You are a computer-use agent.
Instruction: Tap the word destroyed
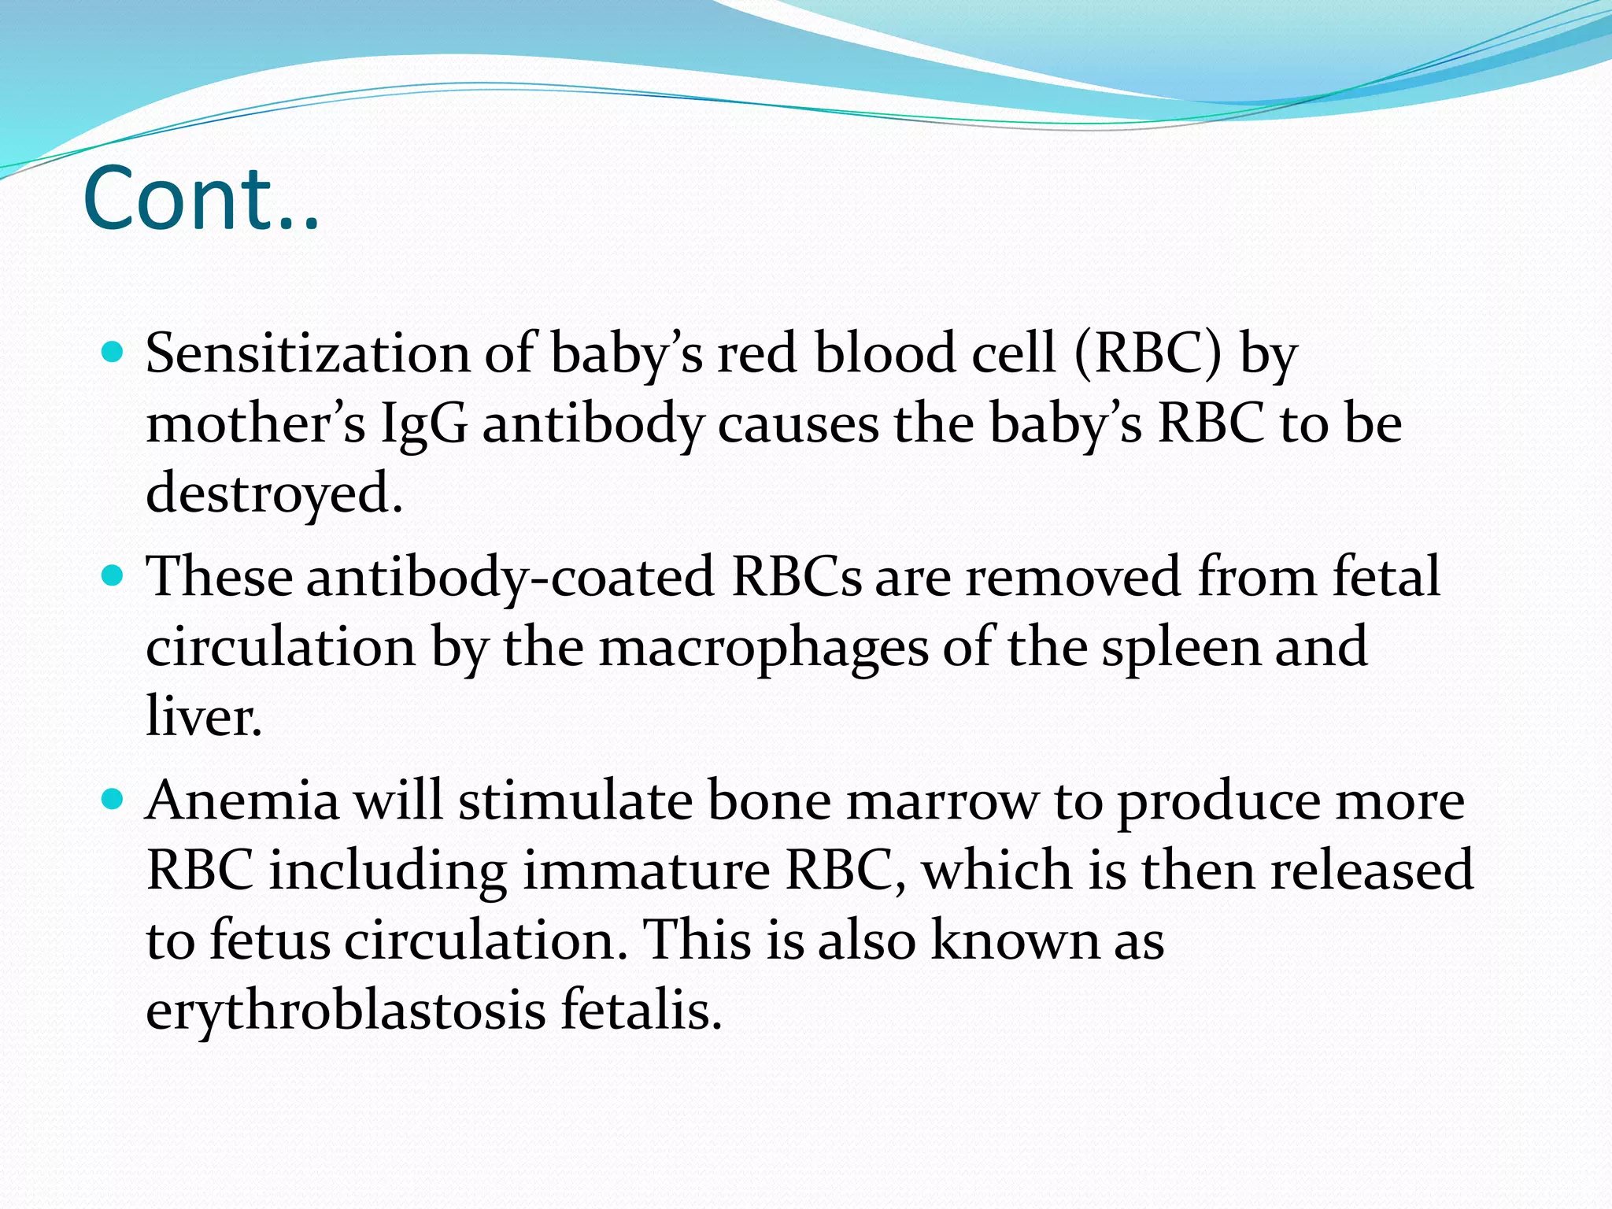(274, 493)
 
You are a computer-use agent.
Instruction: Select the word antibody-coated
(510, 577)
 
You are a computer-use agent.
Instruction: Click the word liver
(203, 716)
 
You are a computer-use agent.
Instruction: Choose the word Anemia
(242, 801)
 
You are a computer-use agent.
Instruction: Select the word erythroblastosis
(346, 1011)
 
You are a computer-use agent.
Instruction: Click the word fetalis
(641, 1009)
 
